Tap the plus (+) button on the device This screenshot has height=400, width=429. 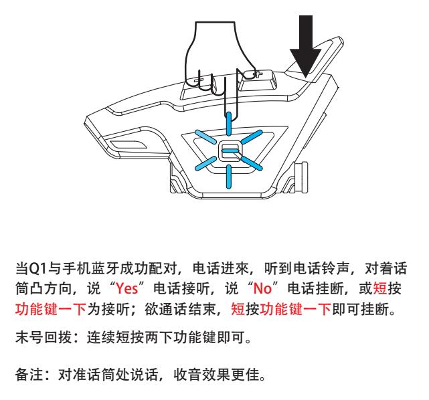(257, 74)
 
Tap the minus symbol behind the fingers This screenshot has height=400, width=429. (199, 80)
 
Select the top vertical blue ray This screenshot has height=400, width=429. (229, 124)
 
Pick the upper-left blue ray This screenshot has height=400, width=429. (205, 136)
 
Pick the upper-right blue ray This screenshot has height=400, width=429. (252, 136)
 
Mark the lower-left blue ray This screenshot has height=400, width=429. (205, 163)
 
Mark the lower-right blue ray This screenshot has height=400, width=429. (252, 163)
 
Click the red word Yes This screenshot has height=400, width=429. (126, 288)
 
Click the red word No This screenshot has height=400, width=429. (262, 288)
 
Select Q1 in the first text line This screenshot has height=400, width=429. (38, 268)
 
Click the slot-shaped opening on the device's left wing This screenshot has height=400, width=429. (128, 144)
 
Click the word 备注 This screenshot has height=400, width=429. (29, 375)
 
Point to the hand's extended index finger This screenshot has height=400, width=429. (229, 93)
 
